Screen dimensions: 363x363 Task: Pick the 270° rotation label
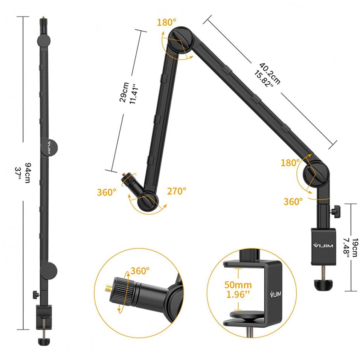coord(177,191)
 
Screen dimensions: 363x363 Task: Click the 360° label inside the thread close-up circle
coord(140,270)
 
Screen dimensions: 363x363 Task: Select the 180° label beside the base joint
coord(290,163)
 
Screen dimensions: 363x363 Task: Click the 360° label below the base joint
coord(293,201)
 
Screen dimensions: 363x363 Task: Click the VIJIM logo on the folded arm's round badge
coord(49,147)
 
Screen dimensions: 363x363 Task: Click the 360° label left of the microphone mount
coord(107,192)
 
